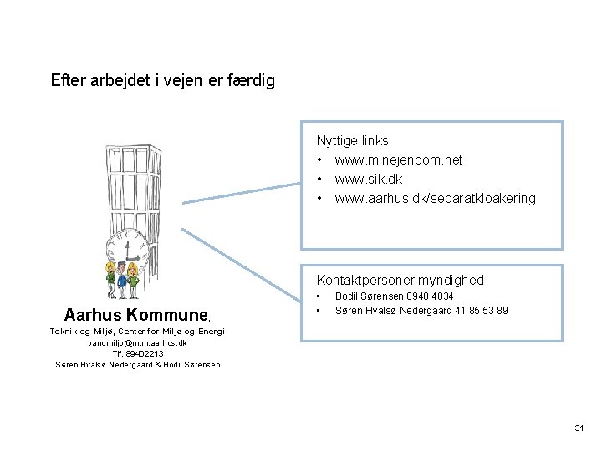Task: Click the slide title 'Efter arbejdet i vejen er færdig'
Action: [162, 81]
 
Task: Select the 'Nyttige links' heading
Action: [352, 140]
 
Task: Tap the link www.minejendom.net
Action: [398, 160]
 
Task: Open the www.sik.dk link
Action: [368, 179]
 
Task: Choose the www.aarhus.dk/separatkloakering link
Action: [435, 198]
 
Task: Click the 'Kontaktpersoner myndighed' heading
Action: [400, 280]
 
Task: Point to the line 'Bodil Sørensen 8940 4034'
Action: [394, 296]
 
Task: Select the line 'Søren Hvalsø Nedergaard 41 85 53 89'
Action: [421, 311]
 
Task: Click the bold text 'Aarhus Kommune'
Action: [135, 315]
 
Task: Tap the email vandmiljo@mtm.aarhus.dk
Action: [137, 342]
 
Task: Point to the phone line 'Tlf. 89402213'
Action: [137, 353]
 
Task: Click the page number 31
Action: [579, 428]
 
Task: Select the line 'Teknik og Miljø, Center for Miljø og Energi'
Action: [137, 332]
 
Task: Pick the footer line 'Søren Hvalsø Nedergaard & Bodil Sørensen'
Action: [137, 364]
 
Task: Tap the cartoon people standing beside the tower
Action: [122, 279]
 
